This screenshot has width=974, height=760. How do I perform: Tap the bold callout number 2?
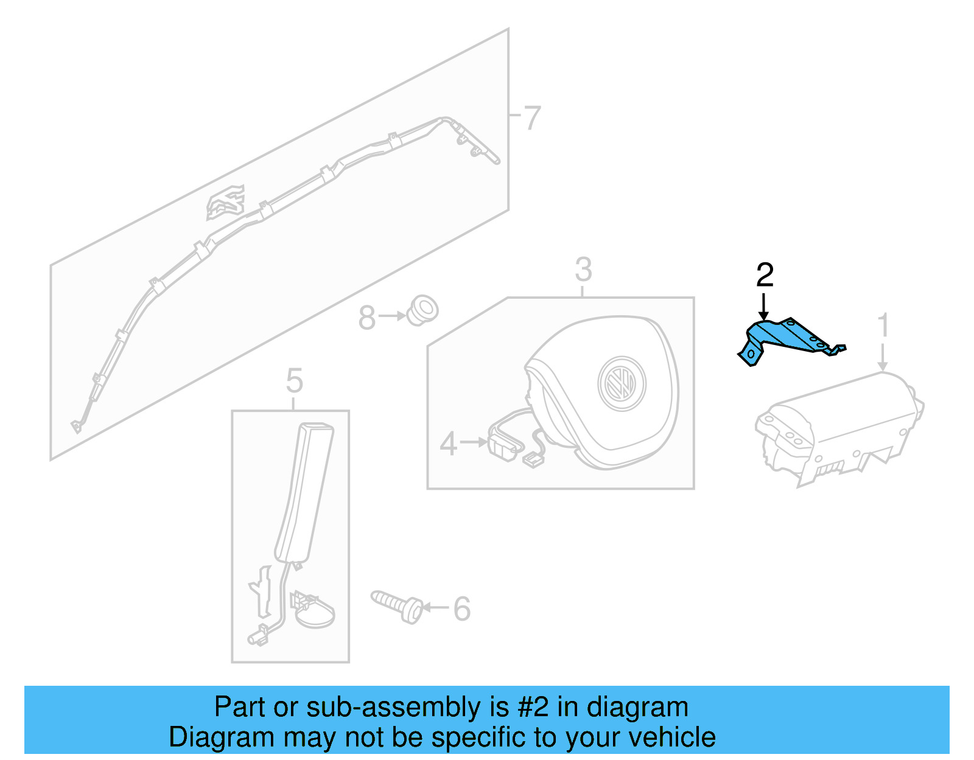(765, 276)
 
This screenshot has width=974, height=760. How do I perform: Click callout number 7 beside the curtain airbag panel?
(532, 118)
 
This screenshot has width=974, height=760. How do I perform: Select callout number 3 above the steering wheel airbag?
(583, 270)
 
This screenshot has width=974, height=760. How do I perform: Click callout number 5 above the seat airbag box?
(294, 382)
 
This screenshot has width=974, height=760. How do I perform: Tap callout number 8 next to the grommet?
(366, 318)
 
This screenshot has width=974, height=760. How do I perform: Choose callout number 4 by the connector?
(448, 444)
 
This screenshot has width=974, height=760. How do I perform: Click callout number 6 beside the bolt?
(462, 608)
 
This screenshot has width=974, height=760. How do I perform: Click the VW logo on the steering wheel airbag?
(622, 384)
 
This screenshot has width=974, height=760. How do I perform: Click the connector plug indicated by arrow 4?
(503, 447)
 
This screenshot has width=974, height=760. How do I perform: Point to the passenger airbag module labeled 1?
(840, 426)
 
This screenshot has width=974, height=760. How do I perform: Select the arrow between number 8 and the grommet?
(392, 316)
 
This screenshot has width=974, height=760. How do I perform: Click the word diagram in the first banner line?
(637, 708)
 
